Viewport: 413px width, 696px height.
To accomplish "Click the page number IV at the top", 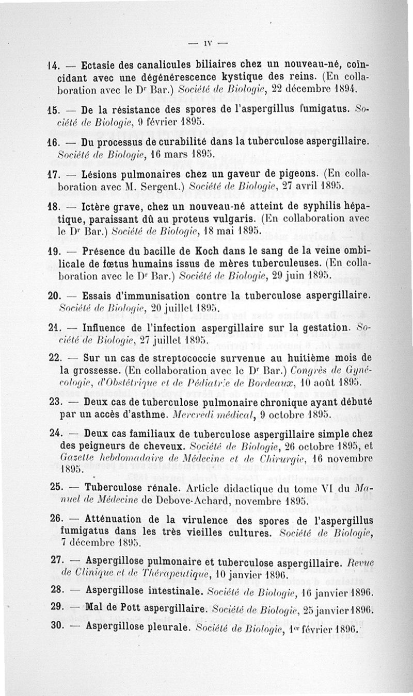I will tap(206, 44).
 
